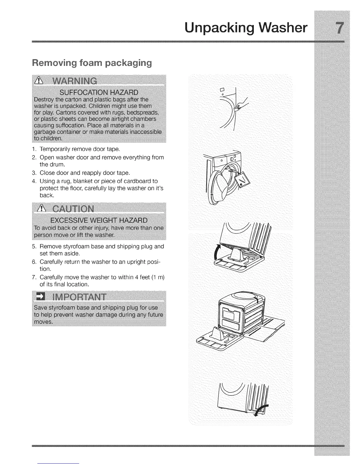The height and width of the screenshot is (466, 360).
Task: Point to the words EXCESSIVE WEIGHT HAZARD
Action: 99,220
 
